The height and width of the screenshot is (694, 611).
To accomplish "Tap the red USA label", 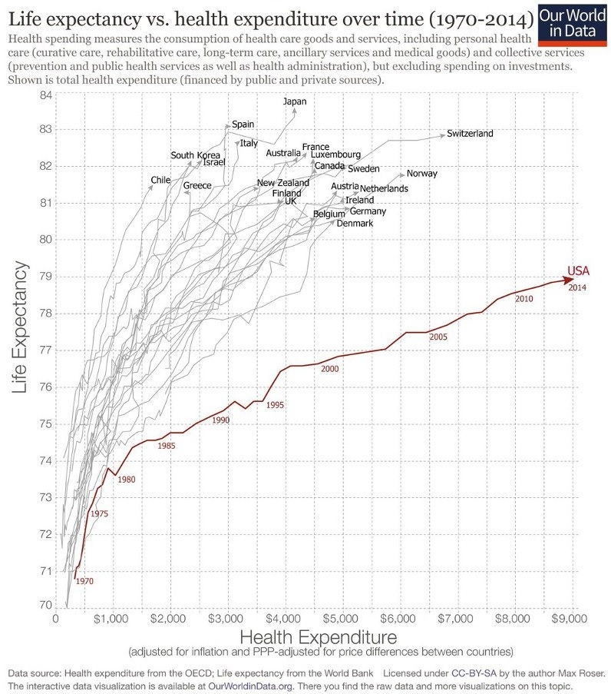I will [x=578, y=271].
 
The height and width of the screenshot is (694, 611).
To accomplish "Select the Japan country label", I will [x=294, y=101].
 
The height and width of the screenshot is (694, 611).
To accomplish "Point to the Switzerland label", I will [x=470, y=134].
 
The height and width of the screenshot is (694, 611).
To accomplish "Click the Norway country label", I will [x=421, y=174].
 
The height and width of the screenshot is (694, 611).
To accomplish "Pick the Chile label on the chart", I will [x=160, y=180].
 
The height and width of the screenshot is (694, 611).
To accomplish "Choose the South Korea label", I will [x=195, y=155].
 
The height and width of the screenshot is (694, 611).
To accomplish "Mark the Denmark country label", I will [x=355, y=224].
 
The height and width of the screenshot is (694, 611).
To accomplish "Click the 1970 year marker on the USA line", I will [x=84, y=582].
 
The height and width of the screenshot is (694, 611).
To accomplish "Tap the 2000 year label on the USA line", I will [x=330, y=370].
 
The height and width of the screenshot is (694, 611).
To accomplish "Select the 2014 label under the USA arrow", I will [x=578, y=287].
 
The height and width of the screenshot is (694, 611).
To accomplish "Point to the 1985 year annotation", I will [x=166, y=446].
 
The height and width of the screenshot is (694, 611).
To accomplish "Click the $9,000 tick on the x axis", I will [x=573, y=617].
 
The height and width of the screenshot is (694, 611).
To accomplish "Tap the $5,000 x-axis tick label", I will [x=342, y=617].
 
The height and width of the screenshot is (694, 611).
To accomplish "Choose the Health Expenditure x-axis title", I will [x=319, y=636].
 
